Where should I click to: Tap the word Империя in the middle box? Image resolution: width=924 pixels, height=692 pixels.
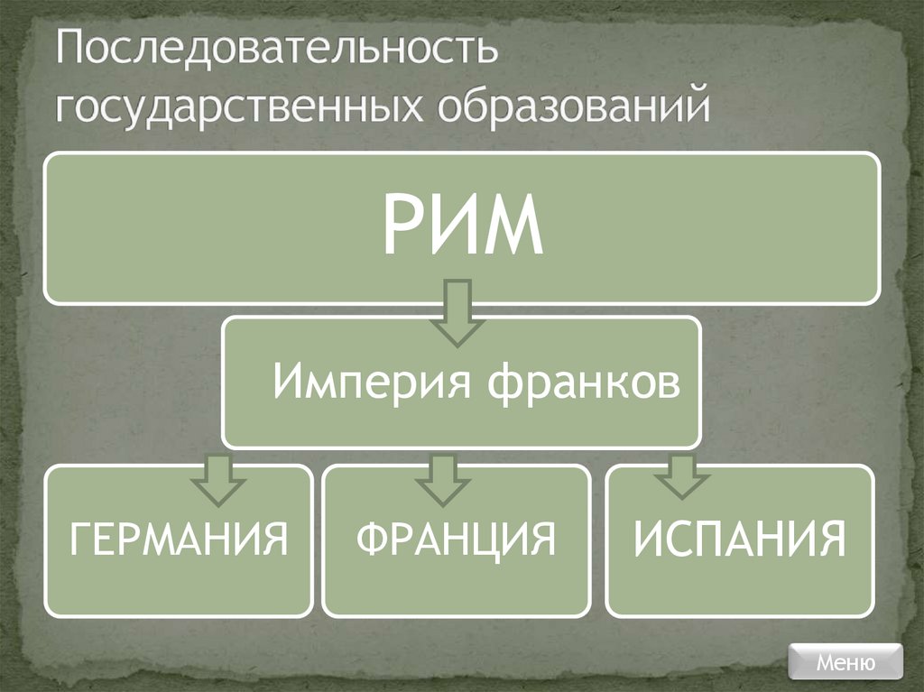click(x=371, y=383)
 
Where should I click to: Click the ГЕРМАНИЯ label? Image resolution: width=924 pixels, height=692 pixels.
click(x=179, y=540)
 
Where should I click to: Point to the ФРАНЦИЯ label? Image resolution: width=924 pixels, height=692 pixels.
click(x=456, y=540)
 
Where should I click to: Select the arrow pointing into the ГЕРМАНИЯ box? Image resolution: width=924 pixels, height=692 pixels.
click(x=214, y=478)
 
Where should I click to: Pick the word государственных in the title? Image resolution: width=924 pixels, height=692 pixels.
click(x=238, y=105)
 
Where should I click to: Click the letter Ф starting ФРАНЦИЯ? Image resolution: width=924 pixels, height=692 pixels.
click(x=372, y=540)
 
